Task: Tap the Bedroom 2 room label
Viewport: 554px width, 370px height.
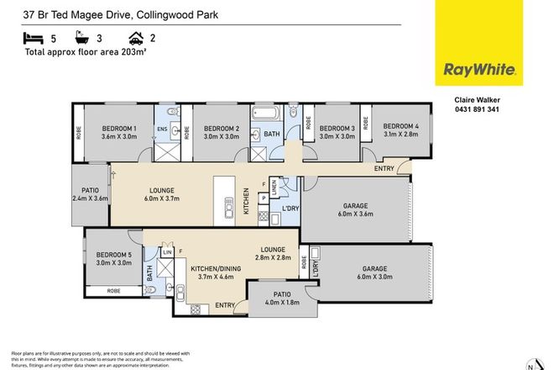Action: click(x=222, y=129)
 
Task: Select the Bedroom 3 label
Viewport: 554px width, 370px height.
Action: click(x=336, y=129)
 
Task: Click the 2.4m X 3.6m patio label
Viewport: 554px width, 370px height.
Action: click(x=91, y=194)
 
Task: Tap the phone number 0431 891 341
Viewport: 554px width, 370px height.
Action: click(x=472, y=109)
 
